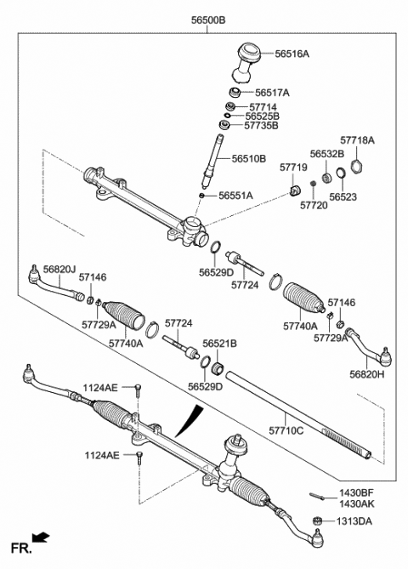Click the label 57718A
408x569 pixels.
pyautogui.click(x=357, y=139)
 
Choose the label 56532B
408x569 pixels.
pyautogui.click(x=326, y=154)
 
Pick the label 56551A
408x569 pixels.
pyautogui.click(x=235, y=195)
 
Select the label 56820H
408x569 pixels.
pyautogui.click(x=368, y=373)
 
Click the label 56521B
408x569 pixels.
pyautogui.click(x=219, y=343)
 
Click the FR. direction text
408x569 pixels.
pyautogui.click(x=20, y=545)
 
